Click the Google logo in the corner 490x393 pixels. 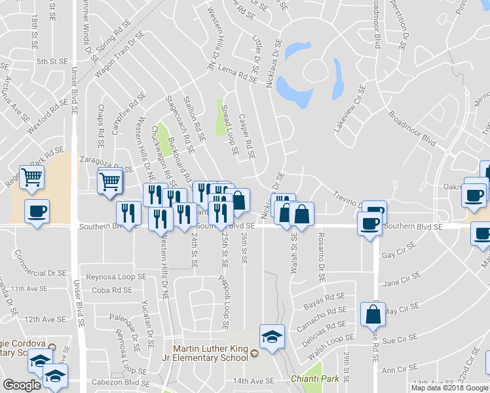click(x=22, y=384)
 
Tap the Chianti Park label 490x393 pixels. click(x=311, y=379)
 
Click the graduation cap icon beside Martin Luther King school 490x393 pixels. click(x=272, y=337)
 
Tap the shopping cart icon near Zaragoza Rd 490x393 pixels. click(x=110, y=180)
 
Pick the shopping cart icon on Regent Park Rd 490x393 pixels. click(x=31, y=176)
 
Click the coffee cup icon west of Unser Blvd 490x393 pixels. click(x=37, y=211)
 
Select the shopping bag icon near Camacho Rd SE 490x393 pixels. click(x=373, y=315)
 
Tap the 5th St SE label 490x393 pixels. click(x=52, y=61)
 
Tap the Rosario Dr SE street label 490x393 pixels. click(x=321, y=256)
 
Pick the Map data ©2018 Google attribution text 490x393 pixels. click(x=450, y=388)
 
